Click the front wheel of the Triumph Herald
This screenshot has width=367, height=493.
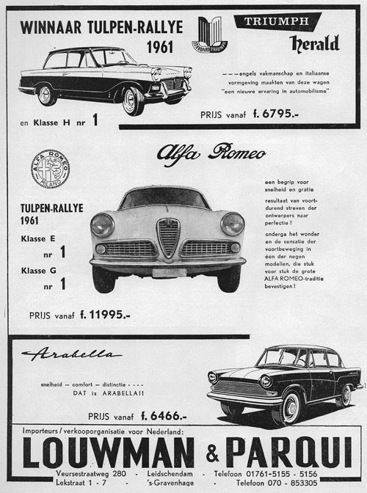click(x=133, y=101)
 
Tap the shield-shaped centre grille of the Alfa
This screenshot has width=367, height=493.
click(x=169, y=238)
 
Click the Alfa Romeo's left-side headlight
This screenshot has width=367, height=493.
click(x=102, y=225)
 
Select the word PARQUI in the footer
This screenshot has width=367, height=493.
click(x=288, y=452)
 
